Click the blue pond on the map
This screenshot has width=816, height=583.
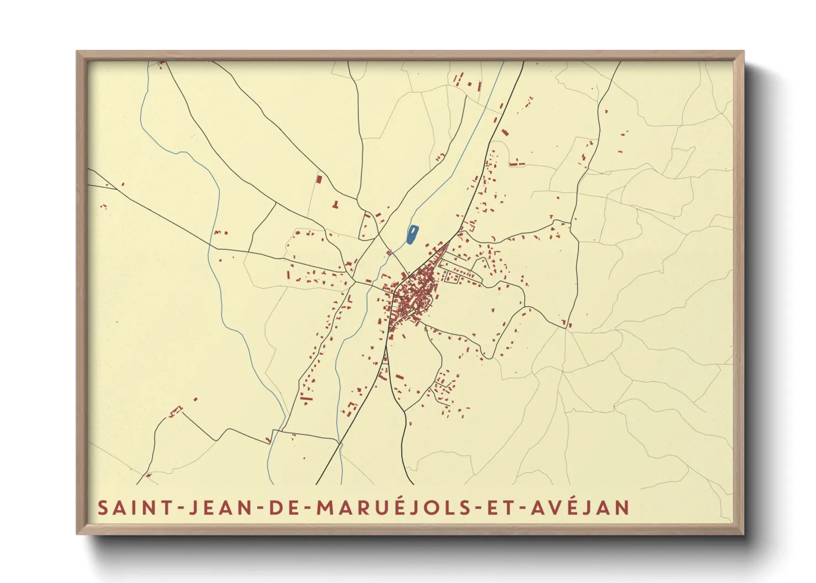[x=412, y=234]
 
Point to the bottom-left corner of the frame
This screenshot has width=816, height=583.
[x=78, y=533]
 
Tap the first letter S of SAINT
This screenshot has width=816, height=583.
[x=103, y=508]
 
